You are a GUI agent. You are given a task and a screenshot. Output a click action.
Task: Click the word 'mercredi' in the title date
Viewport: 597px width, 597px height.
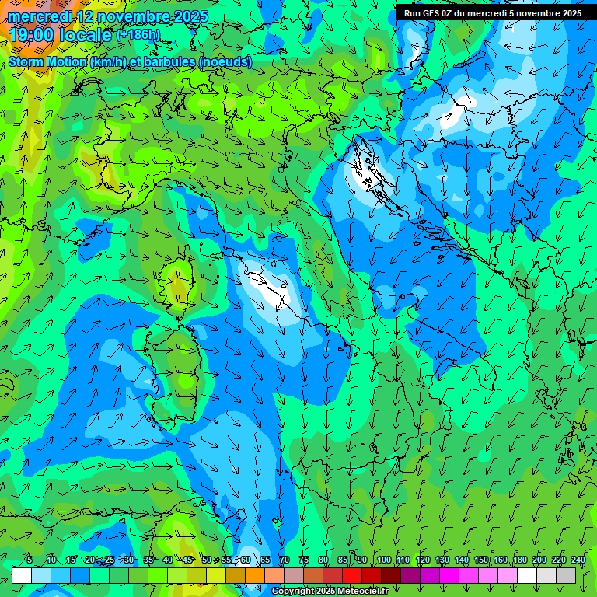tap(40, 16)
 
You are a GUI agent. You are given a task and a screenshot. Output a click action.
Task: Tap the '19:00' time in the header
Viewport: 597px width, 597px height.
tap(32, 35)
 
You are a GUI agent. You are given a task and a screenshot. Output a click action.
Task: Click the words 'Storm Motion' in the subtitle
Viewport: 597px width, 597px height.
tap(47, 61)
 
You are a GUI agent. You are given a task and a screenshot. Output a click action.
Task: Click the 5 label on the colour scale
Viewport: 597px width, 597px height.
tap(29, 560)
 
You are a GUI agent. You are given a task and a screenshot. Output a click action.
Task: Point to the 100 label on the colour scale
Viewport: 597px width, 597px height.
tap(383, 560)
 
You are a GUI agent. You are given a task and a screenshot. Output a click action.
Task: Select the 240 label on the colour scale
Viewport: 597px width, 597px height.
tap(578, 560)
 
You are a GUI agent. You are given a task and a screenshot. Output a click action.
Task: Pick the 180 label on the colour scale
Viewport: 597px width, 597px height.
tap(519, 560)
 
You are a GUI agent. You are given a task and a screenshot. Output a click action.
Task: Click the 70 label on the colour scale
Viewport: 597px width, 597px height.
tap(285, 560)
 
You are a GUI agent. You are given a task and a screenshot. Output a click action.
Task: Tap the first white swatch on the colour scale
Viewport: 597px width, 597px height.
tap(22, 575)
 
